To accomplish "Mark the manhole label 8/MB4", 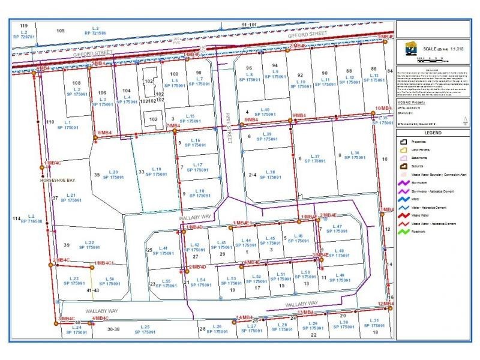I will (x=252, y=120).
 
